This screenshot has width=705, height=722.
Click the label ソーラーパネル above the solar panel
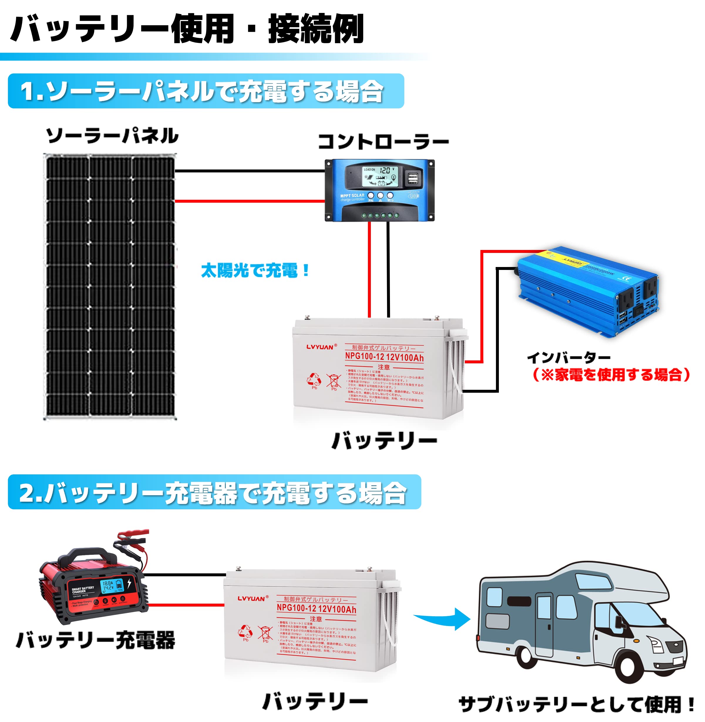pos(112,136)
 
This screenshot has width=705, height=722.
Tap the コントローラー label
pos(383,142)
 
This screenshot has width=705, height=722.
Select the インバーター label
pos(569,357)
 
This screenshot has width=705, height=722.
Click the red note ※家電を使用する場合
pos(611,375)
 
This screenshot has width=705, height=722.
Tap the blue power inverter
pos(589,293)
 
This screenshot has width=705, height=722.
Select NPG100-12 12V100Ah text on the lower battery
pos(316,609)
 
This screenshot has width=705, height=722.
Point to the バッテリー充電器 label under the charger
pos(95,640)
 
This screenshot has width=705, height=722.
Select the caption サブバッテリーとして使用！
pos(576,704)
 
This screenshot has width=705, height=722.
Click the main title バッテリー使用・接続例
pos(187,28)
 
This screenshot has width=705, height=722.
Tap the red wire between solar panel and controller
pos(250,201)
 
